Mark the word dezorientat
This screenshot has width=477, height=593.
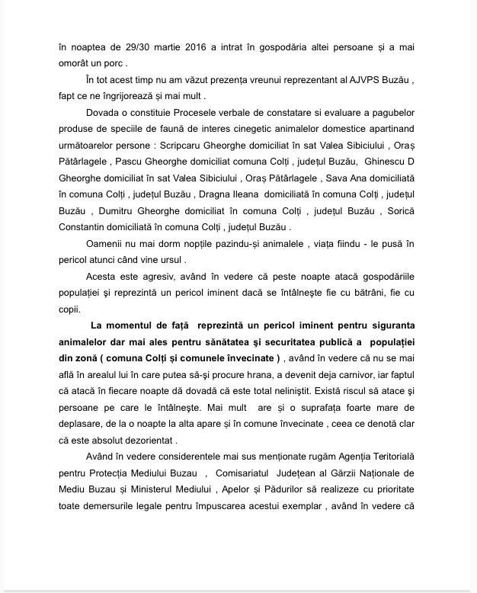pos(142,440)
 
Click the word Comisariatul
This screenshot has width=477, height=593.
pos(242,473)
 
